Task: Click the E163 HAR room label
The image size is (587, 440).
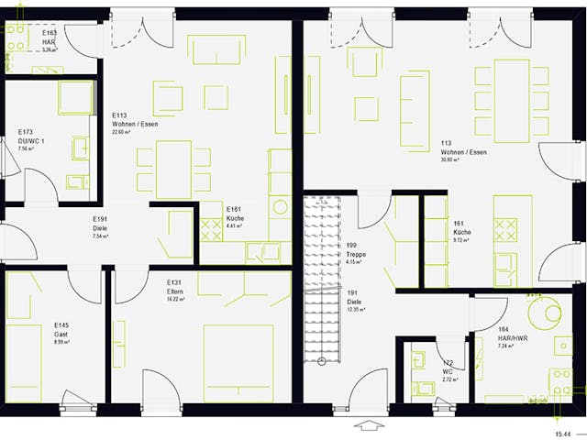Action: [x=50, y=39]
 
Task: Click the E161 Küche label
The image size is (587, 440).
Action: [x=235, y=217]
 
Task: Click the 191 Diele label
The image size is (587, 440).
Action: [x=355, y=301]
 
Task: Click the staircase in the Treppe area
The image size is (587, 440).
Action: [x=324, y=275]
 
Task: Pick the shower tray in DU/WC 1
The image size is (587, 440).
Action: [x=75, y=97]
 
